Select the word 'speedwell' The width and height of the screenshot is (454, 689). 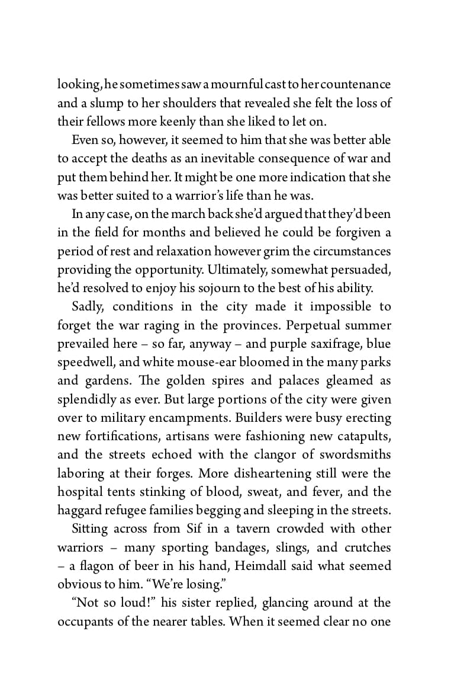pos(83,362)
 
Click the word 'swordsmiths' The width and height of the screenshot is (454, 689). pos(353,454)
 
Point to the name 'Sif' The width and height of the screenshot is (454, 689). pos(192,528)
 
